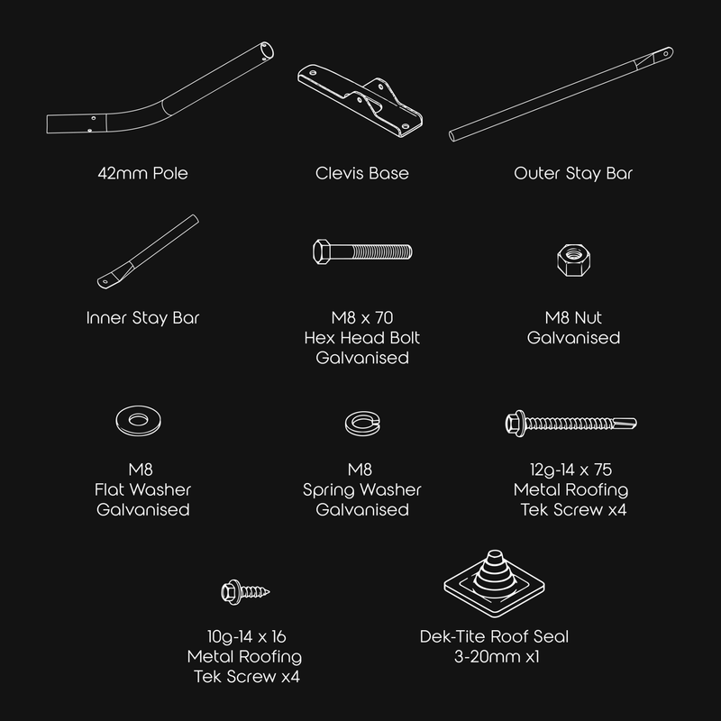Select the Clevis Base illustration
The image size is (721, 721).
click(360, 100)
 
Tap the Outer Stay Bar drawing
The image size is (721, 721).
click(561, 95)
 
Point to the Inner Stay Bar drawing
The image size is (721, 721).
click(148, 252)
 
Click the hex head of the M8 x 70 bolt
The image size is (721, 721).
click(321, 251)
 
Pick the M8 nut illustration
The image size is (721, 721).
click(573, 260)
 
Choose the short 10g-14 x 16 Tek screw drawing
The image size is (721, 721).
click(245, 592)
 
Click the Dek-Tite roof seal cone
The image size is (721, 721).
click(494, 570)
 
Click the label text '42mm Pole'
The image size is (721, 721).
click(142, 173)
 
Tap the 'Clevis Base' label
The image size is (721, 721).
click(362, 173)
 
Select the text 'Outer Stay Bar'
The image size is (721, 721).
click(573, 173)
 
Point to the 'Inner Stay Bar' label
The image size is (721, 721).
click(142, 318)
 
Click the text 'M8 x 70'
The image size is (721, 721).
click(362, 318)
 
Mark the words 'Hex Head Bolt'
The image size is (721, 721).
click(362, 338)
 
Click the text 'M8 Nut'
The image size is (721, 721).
click(573, 318)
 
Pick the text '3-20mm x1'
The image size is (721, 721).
click(497, 657)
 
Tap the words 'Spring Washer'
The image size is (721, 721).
click(362, 489)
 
